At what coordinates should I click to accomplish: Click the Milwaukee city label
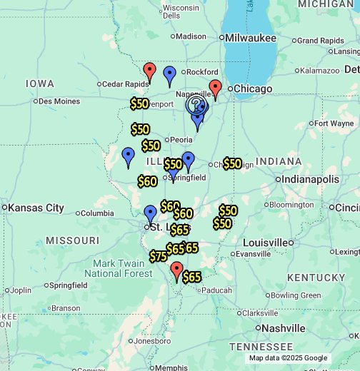click(x=249, y=37)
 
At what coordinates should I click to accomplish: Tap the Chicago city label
click(x=253, y=88)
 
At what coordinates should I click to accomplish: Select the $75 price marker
click(x=158, y=256)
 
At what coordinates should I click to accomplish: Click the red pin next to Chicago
click(x=215, y=88)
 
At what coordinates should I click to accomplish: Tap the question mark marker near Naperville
click(x=195, y=105)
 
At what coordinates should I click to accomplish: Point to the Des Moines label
click(x=59, y=101)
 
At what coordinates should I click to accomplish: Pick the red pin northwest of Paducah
click(x=176, y=270)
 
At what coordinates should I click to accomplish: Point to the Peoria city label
click(x=179, y=140)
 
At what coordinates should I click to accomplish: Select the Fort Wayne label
click(x=333, y=123)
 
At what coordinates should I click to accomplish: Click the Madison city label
click(x=191, y=36)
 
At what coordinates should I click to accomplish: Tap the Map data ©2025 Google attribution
click(x=288, y=358)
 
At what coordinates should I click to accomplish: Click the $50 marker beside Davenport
click(x=139, y=103)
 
